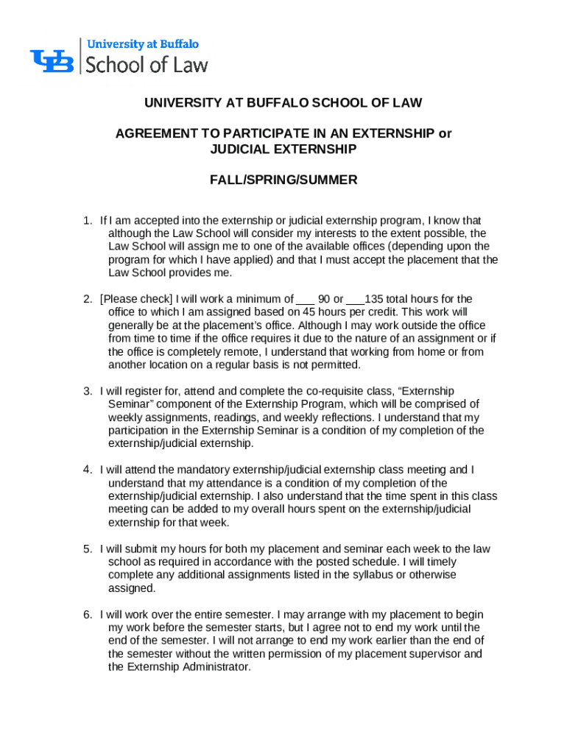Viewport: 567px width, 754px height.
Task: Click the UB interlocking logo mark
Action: (x=52, y=60)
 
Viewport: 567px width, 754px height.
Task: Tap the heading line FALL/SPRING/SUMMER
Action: (x=283, y=180)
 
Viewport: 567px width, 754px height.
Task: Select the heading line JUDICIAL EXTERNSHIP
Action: (x=283, y=149)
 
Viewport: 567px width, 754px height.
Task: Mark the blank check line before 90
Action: (x=306, y=300)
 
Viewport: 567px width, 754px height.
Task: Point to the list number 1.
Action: (x=86, y=220)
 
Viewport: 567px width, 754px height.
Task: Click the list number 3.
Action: (x=86, y=391)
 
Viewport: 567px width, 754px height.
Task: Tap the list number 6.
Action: (x=86, y=615)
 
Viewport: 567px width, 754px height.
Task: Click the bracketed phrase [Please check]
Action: (x=136, y=300)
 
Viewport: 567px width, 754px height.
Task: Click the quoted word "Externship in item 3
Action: (x=427, y=391)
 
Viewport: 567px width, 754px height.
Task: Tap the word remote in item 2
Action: (x=213, y=352)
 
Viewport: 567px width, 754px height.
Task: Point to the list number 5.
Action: (x=86, y=549)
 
